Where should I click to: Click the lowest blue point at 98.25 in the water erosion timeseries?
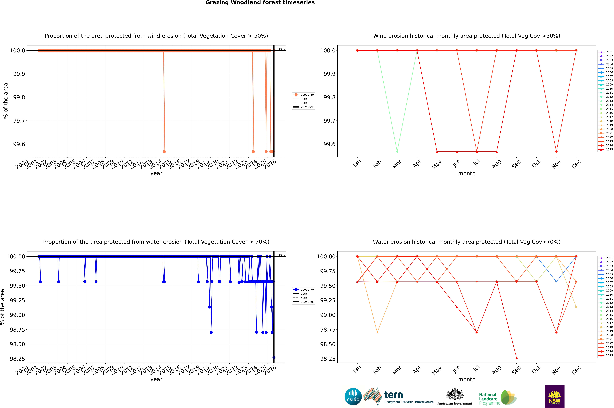[274, 358]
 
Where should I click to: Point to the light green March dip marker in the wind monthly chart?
[397, 151]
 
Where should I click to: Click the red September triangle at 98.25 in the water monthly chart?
[516, 358]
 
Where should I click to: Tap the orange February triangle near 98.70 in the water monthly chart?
[377, 332]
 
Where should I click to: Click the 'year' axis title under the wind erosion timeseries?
[156, 173]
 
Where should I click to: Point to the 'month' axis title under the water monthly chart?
[466, 379]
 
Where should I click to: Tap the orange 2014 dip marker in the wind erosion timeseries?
[164, 151]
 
